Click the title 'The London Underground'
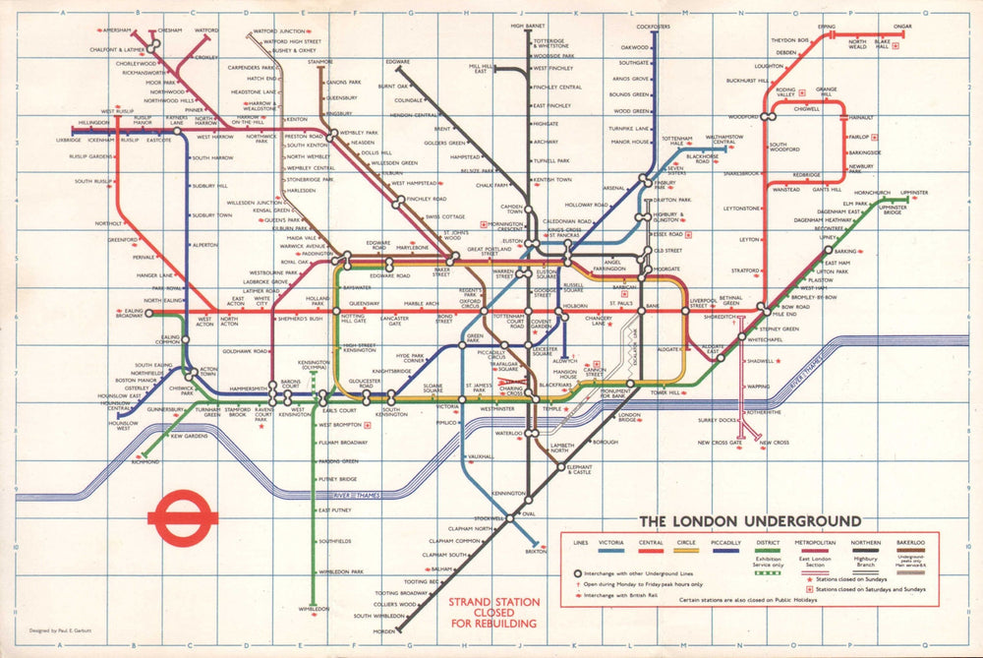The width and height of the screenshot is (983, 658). [750, 520]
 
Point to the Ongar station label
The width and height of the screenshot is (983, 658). [902, 27]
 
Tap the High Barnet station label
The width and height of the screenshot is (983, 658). [528, 26]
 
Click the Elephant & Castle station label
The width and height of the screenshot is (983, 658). [580, 471]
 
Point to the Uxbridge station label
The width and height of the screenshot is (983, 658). [69, 140]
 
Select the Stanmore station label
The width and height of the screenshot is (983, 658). [319, 62]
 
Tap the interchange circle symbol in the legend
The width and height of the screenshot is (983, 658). [566, 572]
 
